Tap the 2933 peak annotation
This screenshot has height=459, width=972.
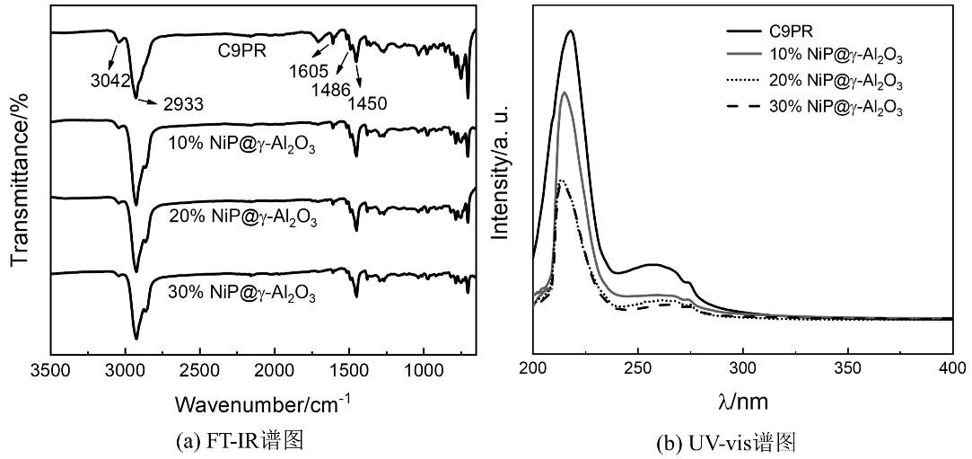(x=183, y=104)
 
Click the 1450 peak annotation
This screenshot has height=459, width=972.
(x=368, y=104)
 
